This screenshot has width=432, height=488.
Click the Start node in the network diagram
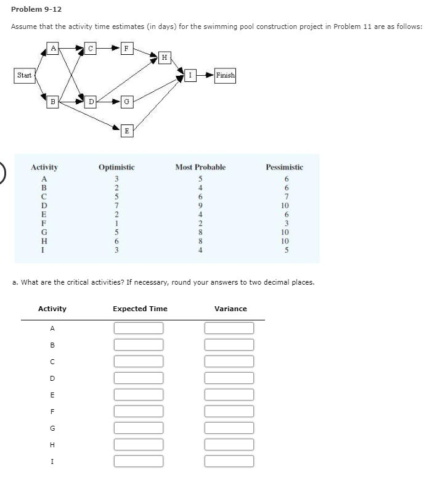point(25,75)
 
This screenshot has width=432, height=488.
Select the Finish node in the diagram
point(225,75)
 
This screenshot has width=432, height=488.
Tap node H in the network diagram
point(163,57)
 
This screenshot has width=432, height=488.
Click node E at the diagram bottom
point(126,130)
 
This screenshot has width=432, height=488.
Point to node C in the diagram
point(91,47)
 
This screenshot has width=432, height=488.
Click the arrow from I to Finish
point(205,75)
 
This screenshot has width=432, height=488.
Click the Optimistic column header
point(116,167)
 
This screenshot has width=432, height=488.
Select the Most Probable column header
point(200,167)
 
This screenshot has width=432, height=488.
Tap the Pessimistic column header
point(284,167)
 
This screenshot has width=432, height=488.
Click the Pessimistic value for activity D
point(284,205)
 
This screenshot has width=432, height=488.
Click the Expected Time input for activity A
point(139,328)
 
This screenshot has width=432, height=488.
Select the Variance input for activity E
point(229,394)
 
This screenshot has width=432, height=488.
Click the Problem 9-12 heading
point(36,9)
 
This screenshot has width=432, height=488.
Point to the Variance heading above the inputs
point(230,309)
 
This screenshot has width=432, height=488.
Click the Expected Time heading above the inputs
point(140,309)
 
